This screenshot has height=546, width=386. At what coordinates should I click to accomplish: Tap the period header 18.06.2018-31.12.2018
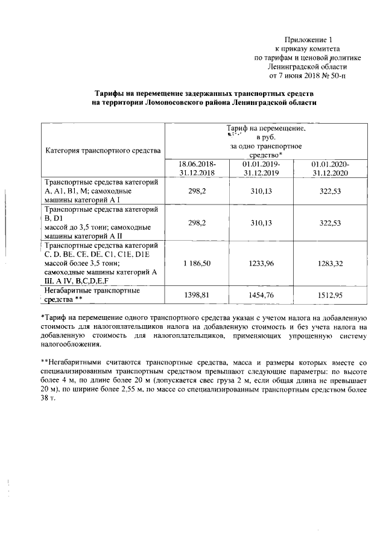197,168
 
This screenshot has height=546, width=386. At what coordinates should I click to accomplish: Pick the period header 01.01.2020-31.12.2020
330,168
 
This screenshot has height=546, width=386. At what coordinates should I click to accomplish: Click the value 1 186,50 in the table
197,267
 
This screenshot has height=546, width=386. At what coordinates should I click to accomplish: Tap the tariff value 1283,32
330,267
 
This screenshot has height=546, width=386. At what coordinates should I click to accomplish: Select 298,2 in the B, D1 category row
197,223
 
